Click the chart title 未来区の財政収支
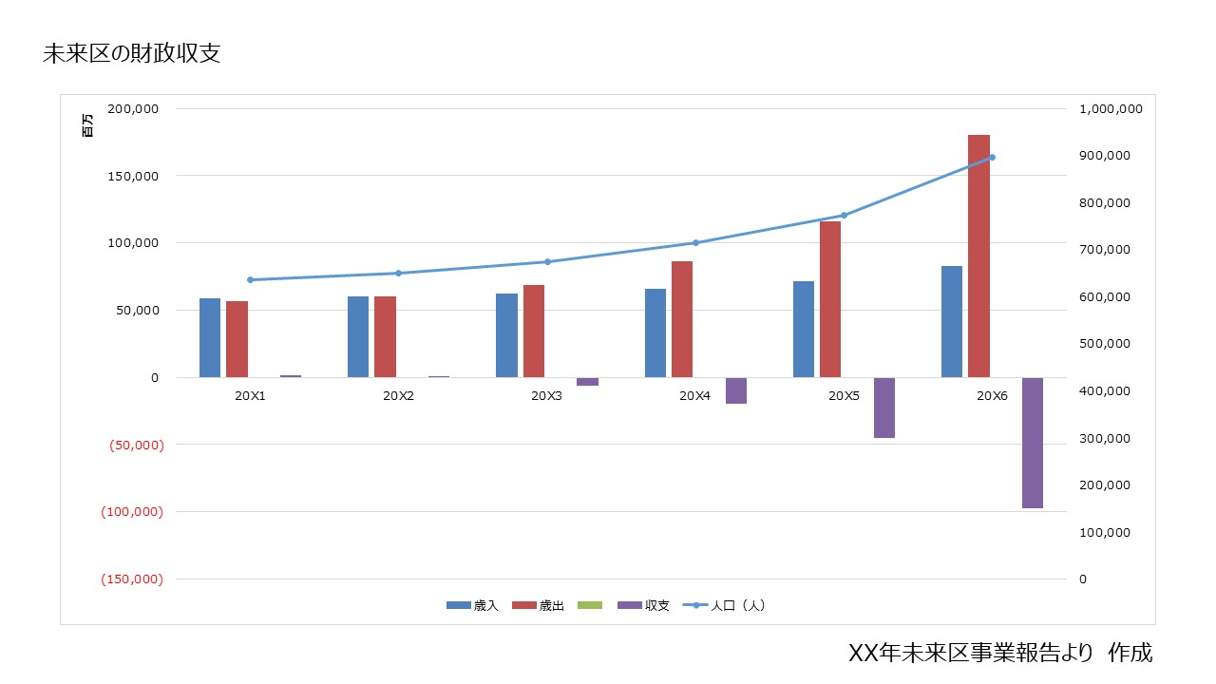[132, 54]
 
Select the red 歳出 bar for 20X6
[978, 256]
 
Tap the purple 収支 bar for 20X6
[1032, 443]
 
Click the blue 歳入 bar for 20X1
[210, 337]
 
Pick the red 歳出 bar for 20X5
[830, 298]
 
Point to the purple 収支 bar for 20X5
[884, 408]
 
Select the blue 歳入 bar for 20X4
[655, 332]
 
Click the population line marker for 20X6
[992, 157]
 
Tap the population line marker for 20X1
[250, 279]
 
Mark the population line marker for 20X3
[547, 261]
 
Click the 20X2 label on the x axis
[398, 395]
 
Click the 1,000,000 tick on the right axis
[1111, 109]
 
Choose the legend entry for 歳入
[472, 605]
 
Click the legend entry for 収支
[643, 605]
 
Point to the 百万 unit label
[88, 125]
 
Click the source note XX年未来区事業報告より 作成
[999, 654]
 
